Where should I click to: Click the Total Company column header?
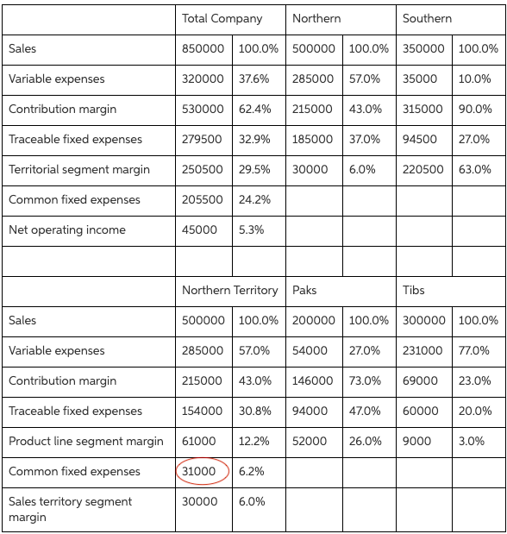(222, 18)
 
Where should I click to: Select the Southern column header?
(427, 18)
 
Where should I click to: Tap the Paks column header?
(304, 290)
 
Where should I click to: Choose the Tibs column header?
(413, 290)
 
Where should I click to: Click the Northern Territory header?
(229, 290)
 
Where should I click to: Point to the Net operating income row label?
(67, 229)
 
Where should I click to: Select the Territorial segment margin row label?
(79, 169)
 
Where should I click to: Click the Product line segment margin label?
(86, 441)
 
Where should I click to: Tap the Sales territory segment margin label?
(71, 509)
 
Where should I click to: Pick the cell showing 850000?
(203, 48)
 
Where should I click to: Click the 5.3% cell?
(252, 229)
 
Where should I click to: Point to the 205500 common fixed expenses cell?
(203, 199)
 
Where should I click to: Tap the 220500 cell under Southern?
(423, 169)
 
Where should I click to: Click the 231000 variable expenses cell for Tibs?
(423, 350)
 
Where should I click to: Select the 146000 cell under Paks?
(313, 380)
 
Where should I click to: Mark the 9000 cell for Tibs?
(417, 441)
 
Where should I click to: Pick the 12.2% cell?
(254, 441)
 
